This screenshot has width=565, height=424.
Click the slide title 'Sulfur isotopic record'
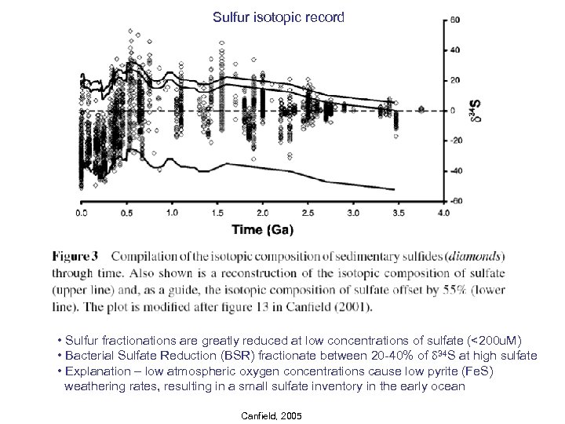279,16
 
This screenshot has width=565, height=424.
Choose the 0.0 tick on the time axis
81,213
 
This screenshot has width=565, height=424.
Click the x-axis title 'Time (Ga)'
263,230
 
